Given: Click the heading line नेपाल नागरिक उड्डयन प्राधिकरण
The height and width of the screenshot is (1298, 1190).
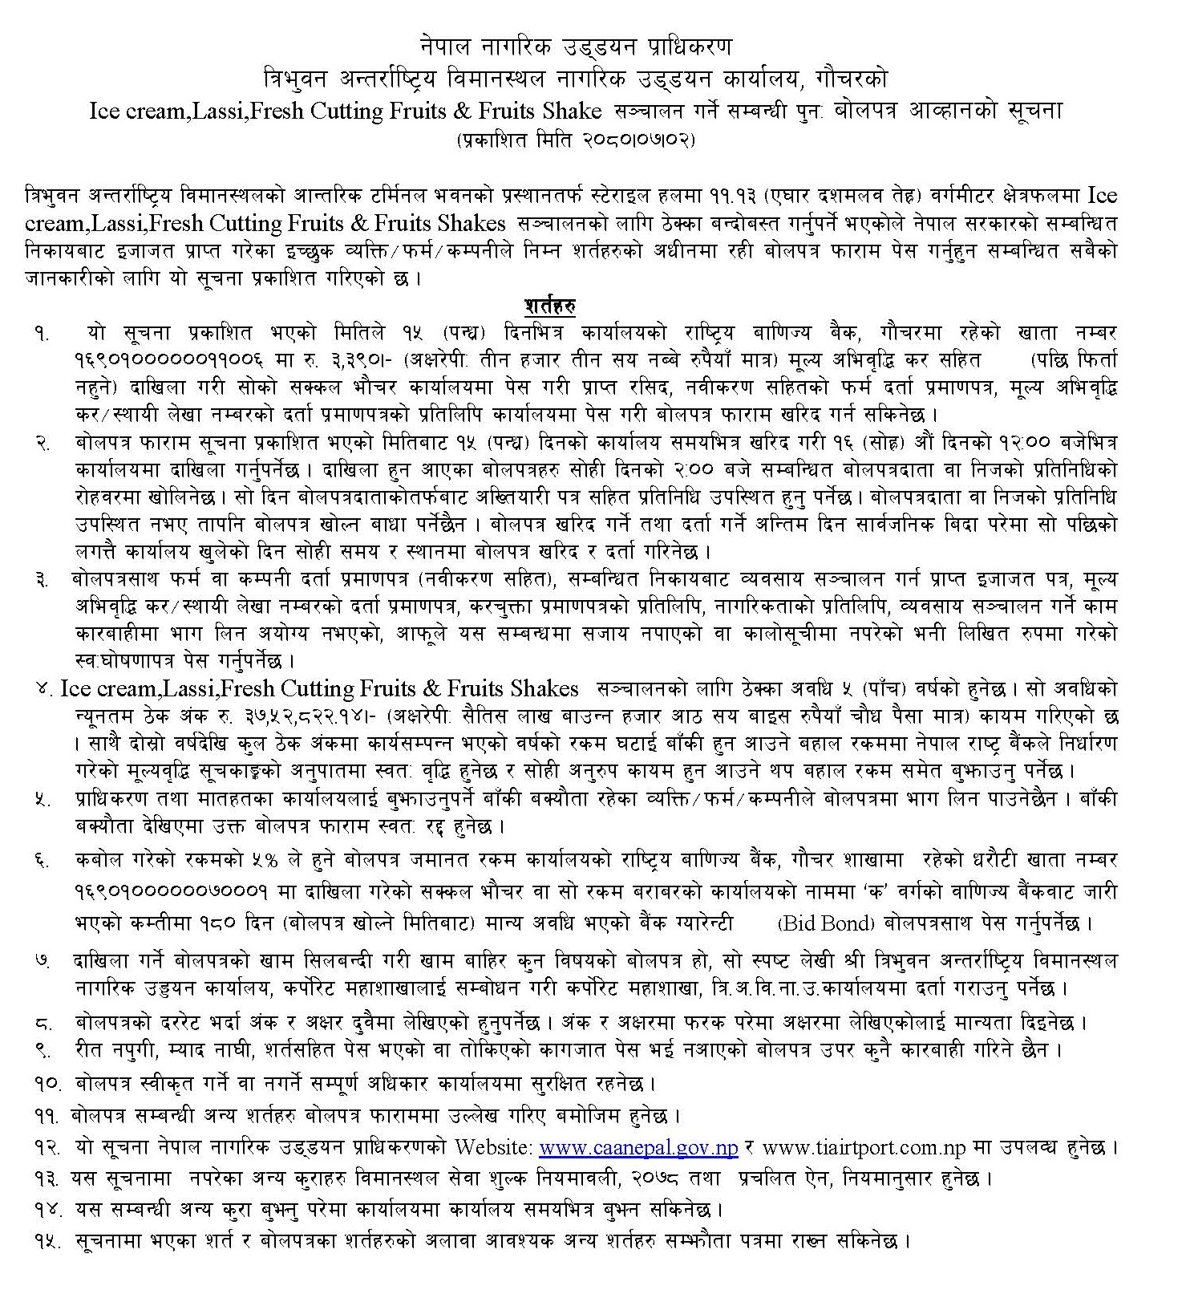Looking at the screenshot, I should pos(577,47).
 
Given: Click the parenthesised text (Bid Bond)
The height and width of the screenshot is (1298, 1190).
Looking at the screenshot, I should pos(825,923).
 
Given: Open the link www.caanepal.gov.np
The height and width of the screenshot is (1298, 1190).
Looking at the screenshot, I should pos(639,1147).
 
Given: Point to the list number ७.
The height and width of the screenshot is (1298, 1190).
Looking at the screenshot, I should pos(43,960).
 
